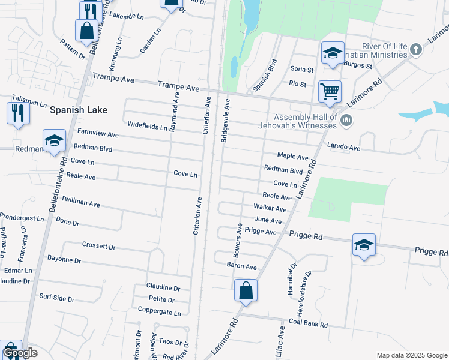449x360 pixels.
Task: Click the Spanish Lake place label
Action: [79, 110]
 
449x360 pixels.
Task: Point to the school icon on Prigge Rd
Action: [364, 245]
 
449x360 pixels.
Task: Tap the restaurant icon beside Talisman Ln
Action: [18, 112]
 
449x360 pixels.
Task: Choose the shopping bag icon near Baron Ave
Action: [246, 291]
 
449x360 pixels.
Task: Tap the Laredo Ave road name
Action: [343, 146]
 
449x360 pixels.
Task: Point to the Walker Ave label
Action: [270, 208]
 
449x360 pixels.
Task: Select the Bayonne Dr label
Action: [64, 259]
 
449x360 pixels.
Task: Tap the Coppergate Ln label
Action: [159, 313]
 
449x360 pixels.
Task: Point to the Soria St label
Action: [298, 70]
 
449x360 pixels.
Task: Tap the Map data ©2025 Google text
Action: [411, 355]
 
